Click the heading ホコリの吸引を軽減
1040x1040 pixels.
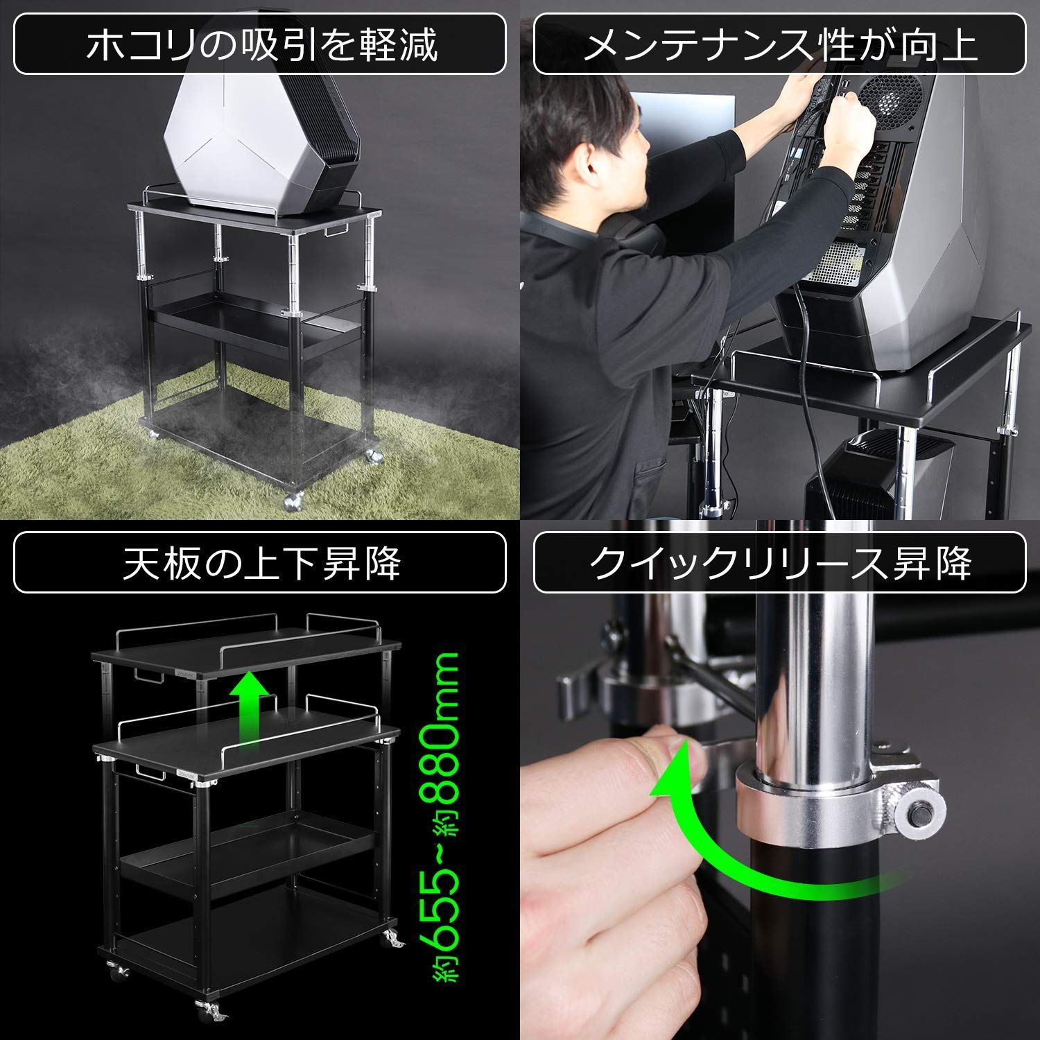[261, 45]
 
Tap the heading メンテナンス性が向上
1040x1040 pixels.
[780, 45]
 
